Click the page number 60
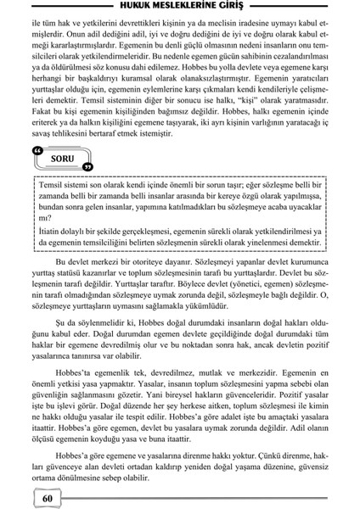pos(47,497)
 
